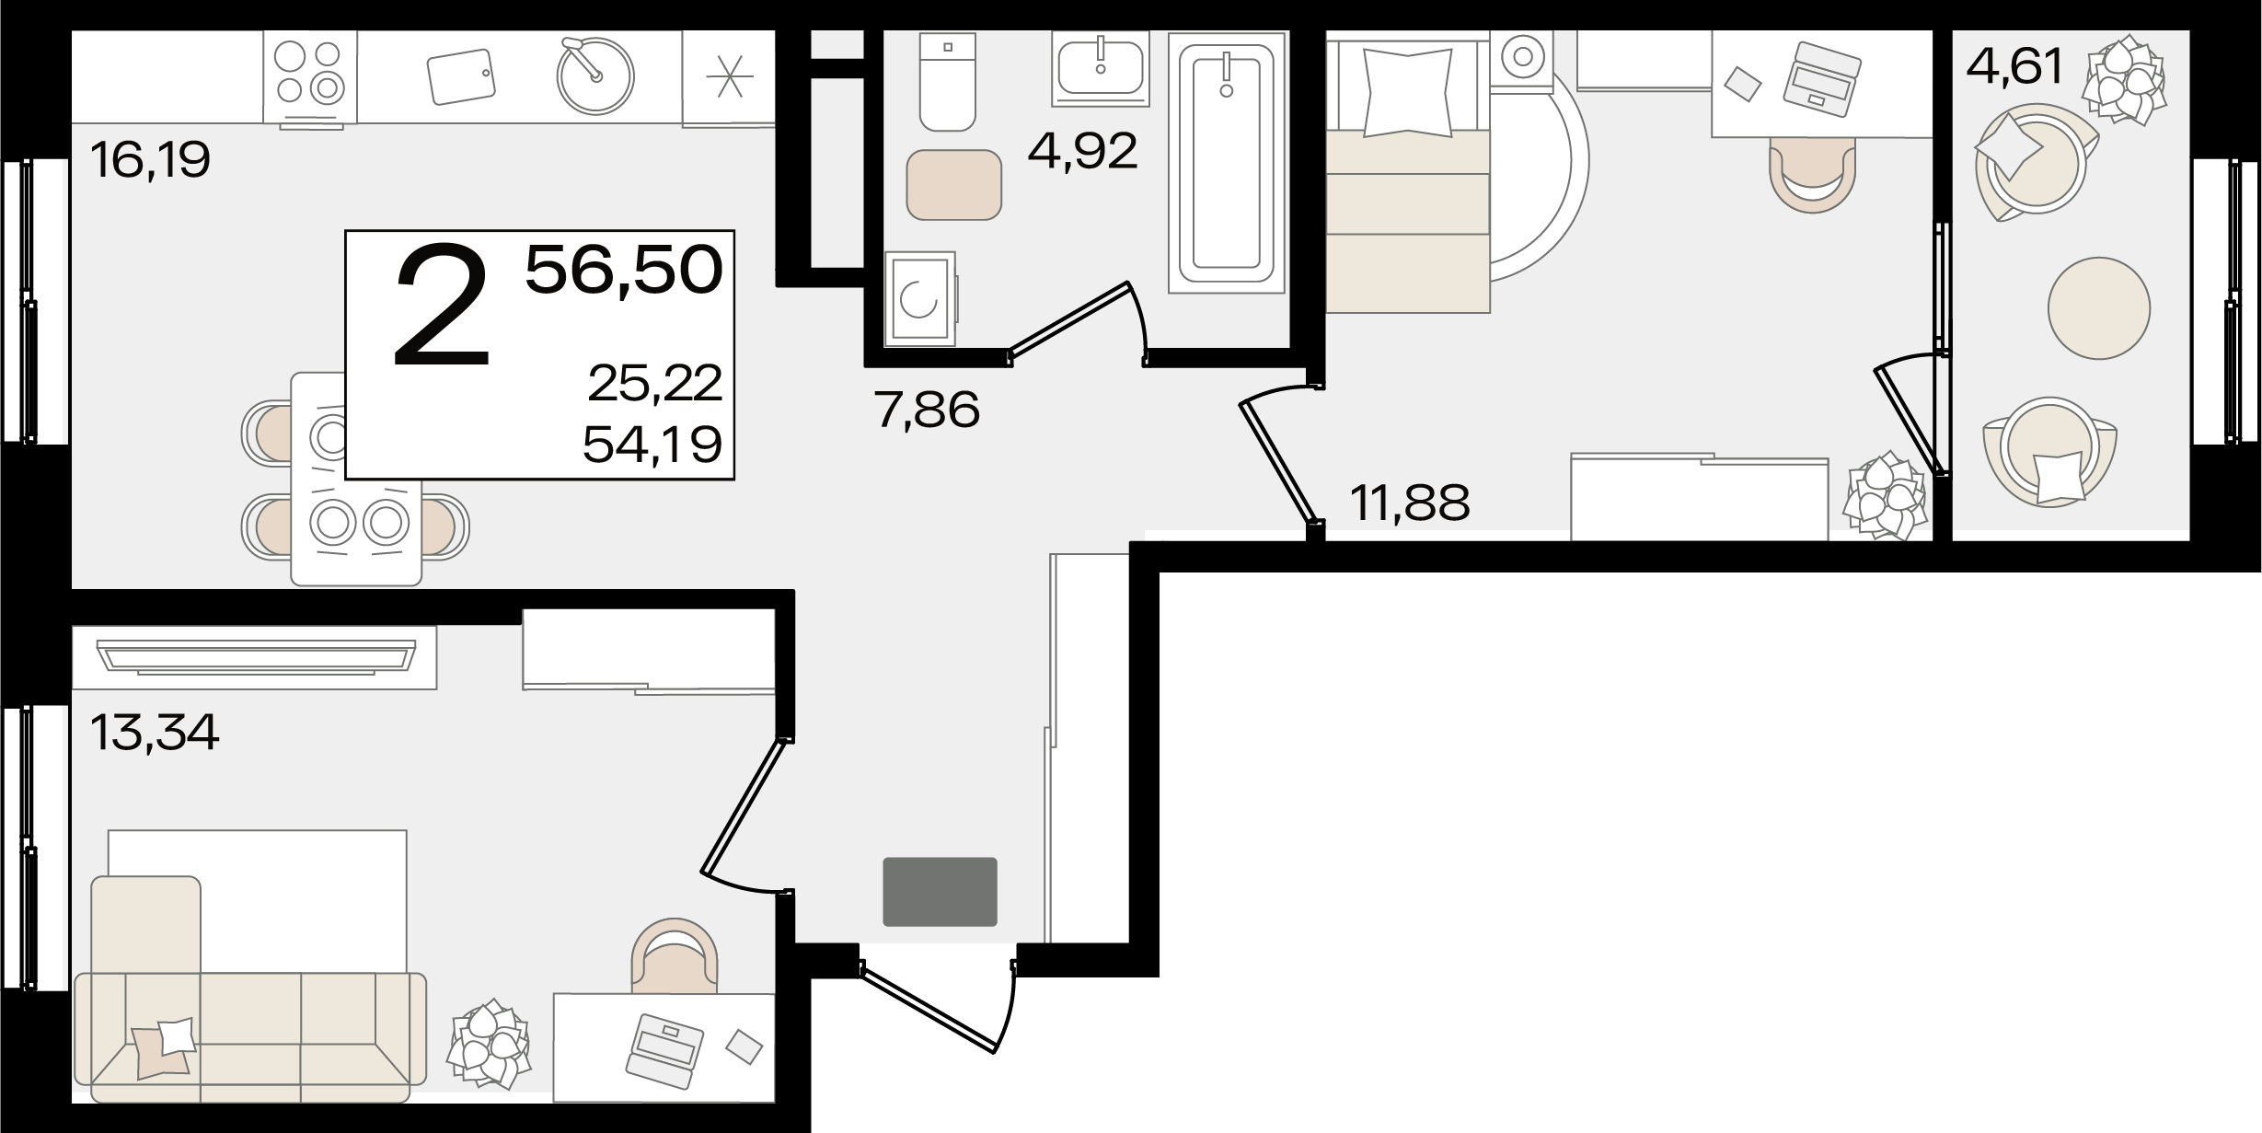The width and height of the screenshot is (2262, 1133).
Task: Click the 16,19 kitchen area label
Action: [151, 160]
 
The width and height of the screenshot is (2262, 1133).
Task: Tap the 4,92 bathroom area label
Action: [1083, 152]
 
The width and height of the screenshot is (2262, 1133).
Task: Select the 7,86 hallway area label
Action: [928, 410]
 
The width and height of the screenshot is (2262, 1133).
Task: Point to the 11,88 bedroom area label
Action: [1410, 503]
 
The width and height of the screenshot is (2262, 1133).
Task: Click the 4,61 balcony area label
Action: [2015, 66]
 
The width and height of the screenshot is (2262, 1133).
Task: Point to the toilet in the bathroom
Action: [947, 82]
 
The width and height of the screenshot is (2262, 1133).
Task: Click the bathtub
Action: [1227, 163]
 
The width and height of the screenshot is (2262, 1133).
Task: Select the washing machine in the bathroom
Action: [920, 300]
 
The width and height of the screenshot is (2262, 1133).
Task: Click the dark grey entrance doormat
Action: [940, 892]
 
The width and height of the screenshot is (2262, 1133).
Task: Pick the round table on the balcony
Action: [2099, 307]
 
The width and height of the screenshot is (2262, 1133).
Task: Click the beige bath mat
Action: [954, 185]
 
